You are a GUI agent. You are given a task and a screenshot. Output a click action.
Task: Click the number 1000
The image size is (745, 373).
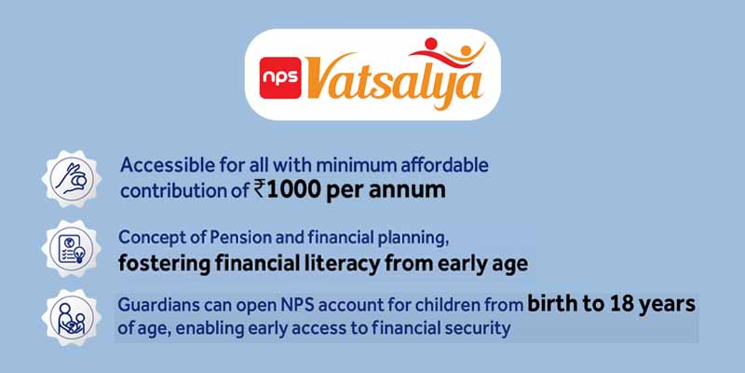pyautogui.click(x=301, y=189)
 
